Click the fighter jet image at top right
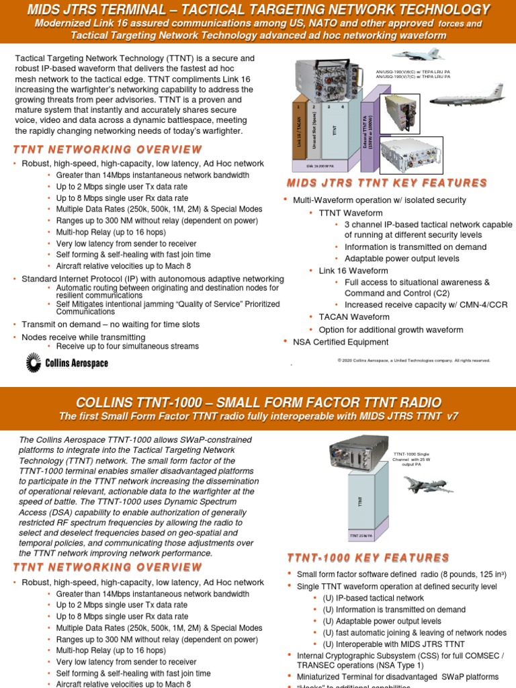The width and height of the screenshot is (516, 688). (x=416, y=53)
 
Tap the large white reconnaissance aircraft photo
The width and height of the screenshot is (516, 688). (x=466, y=98)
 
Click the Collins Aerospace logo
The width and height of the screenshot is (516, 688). (x=67, y=363)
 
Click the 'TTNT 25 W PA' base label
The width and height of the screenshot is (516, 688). (x=361, y=535)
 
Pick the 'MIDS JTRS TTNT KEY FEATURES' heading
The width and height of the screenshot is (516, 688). (x=386, y=183)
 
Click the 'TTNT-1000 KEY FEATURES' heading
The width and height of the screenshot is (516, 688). (x=368, y=558)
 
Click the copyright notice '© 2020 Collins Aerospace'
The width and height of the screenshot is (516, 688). (x=413, y=360)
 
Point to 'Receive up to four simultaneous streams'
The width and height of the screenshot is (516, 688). (x=128, y=347)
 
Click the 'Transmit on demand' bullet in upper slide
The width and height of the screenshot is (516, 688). (x=110, y=325)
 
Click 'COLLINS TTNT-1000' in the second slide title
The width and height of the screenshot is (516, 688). (x=138, y=402)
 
